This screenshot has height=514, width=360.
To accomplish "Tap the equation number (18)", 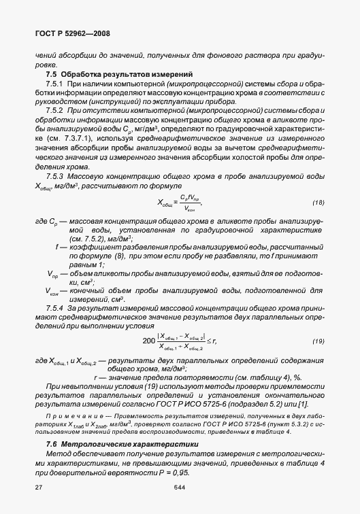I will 318,203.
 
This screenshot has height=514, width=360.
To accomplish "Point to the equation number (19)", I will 318,341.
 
